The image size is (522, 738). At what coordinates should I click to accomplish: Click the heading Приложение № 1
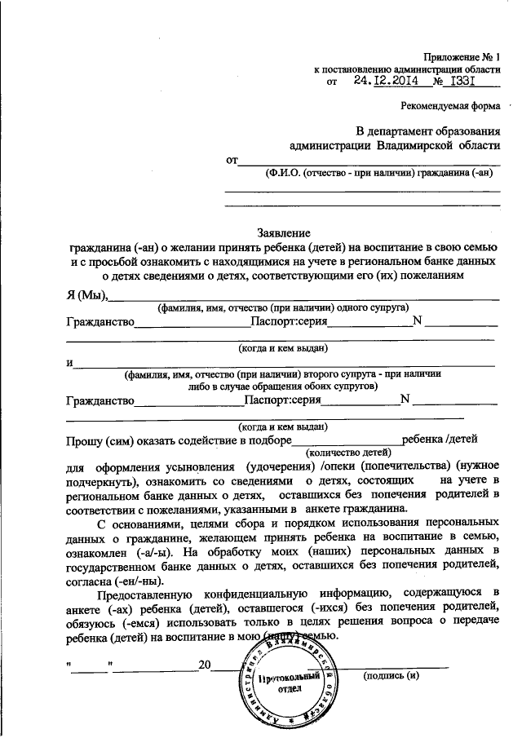click(x=461, y=56)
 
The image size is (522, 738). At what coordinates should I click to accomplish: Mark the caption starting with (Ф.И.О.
click(x=379, y=173)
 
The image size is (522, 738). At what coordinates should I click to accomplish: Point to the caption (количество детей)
click(x=349, y=452)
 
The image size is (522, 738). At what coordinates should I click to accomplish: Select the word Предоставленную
click(x=144, y=590)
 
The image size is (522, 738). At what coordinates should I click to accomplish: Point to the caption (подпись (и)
click(x=391, y=676)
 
